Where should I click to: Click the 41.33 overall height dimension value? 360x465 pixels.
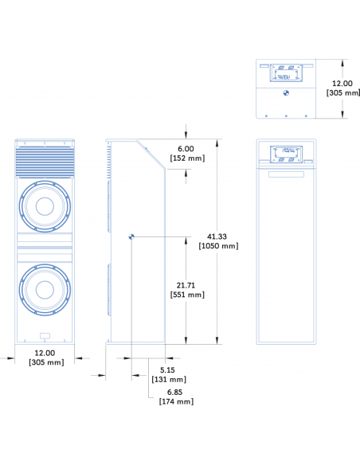tap(217, 236)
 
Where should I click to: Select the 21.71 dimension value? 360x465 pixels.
tap(186, 285)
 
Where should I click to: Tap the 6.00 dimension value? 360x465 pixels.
tap(186, 149)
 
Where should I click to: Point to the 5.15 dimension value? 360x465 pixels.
tap(167, 369)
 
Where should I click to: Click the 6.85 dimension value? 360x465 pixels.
tap(174, 392)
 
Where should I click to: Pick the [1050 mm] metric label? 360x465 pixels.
tap(218, 246)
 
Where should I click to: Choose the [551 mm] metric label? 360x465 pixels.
tap(187, 295)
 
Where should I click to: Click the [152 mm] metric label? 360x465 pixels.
tap(187, 158)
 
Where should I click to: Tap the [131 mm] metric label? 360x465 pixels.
tap(169, 379)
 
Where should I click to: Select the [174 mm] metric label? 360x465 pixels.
tap(177, 401)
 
